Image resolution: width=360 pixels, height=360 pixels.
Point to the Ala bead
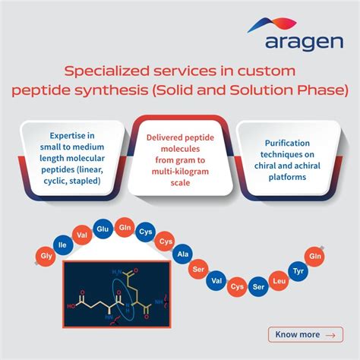pyautogui.click(x=184, y=254)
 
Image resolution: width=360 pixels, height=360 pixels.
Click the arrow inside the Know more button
pyautogui.click(x=329, y=334)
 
